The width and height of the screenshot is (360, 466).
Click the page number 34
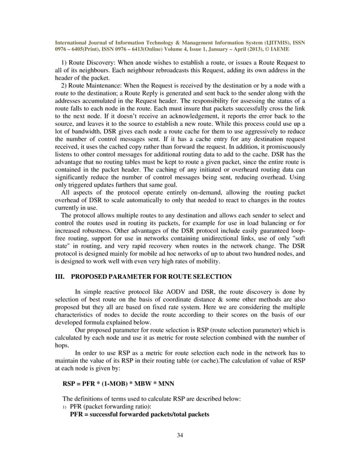coord(180,434)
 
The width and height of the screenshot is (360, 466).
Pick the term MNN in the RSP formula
coord(165,382)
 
